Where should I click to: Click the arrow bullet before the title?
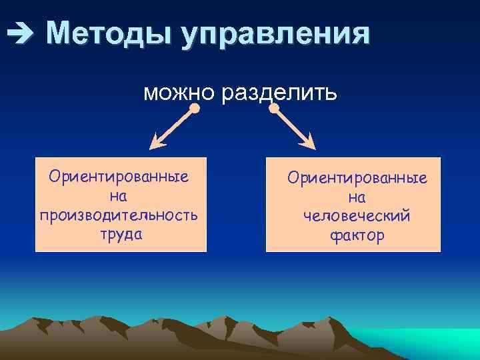15,32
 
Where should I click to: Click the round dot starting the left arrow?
195,107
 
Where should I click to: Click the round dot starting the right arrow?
273,107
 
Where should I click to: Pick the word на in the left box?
119,197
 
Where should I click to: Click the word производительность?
119,215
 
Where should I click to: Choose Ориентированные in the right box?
357,179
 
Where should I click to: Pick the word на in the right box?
357,198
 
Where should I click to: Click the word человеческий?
357,217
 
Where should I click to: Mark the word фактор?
357,236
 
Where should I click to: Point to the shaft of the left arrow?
175,125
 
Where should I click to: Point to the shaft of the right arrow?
291,125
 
